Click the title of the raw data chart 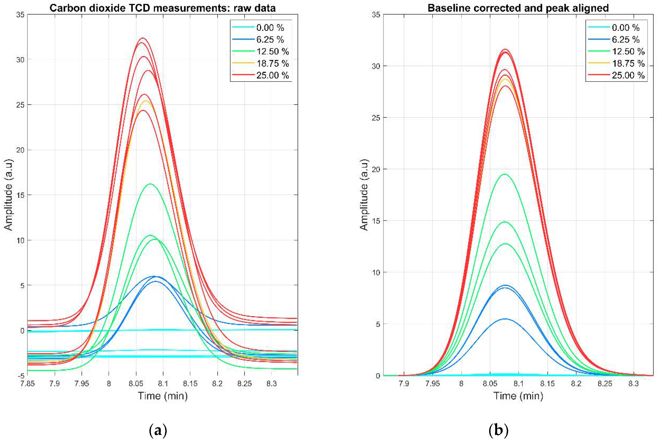pos(162,8)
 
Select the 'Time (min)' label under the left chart pos(162,396)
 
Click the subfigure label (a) pos(158,431)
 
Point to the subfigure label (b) pos(498,431)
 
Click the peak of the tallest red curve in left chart pos(143,38)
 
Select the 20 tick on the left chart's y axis pos(20,150)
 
